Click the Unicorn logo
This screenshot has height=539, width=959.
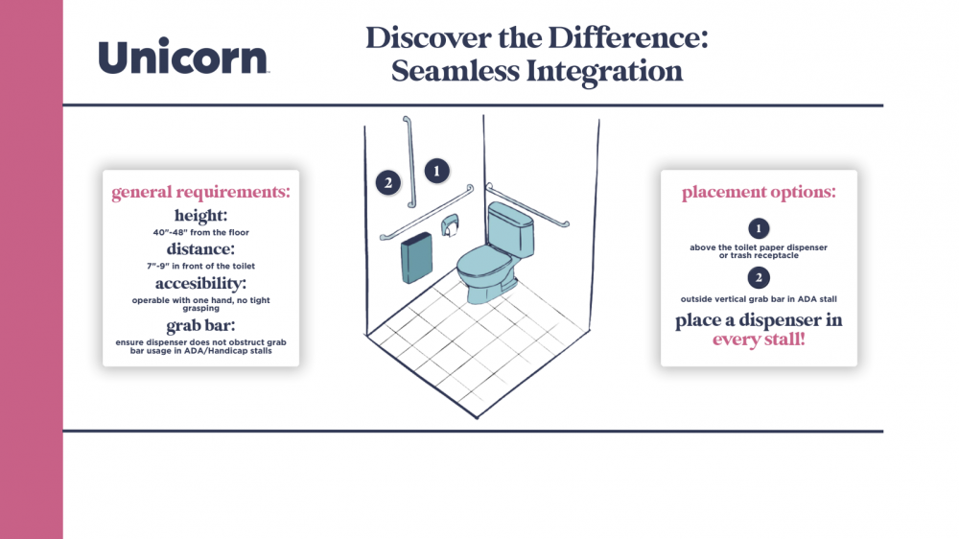tap(183, 56)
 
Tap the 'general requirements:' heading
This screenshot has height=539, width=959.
tap(200, 192)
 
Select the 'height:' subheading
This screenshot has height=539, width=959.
tap(200, 216)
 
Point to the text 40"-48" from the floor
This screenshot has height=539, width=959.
tap(200, 232)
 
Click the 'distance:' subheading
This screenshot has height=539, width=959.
tap(200, 249)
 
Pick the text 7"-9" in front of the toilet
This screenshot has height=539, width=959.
tap(200, 266)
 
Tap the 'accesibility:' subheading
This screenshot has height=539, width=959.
tap(200, 283)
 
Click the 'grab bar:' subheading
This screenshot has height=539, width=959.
tap(200, 325)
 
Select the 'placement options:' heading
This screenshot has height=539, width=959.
tap(759, 192)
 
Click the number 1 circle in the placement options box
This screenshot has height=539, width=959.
tap(759, 229)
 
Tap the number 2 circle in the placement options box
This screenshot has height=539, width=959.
tap(759, 278)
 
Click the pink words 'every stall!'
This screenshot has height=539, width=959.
tap(759, 340)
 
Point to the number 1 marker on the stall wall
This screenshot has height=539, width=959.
tap(436, 172)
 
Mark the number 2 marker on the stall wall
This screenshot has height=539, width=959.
tap(387, 182)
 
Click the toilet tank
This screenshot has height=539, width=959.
tap(511, 229)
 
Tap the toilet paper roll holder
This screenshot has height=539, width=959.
tap(450, 225)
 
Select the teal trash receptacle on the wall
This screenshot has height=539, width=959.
tap(416, 258)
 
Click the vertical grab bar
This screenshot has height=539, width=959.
tap(409, 162)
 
